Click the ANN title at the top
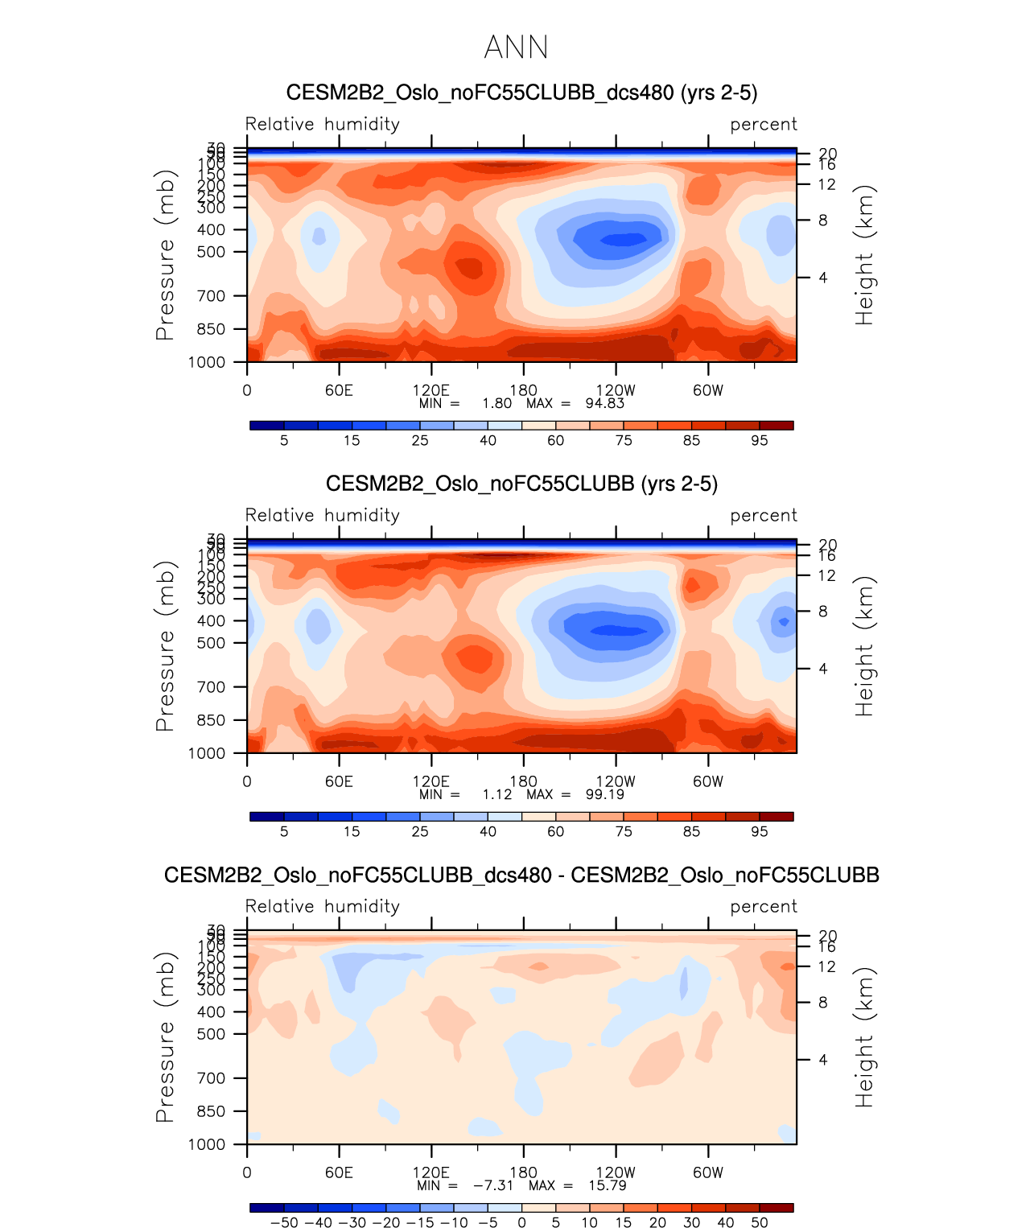point(516,47)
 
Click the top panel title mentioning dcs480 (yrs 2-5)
point(521,93)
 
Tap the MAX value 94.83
point(605,403)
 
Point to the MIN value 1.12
point(496,794)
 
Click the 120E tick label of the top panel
point(430,391)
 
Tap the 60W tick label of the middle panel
point(708,781)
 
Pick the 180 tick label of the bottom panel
point(523,1172)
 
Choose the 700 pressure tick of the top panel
point(212,296)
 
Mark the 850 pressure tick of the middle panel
point(212,720)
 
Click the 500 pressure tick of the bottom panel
point(212,1034)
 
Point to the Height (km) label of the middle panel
point(864,646)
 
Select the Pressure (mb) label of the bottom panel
point(165,1037)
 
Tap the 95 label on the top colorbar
point(759,441)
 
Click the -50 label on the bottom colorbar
point(284,1223)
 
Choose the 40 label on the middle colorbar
point(488,832)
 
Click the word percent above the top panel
point(763,125)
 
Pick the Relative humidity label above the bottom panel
point(322,907)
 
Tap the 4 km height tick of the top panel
point(823,278)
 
